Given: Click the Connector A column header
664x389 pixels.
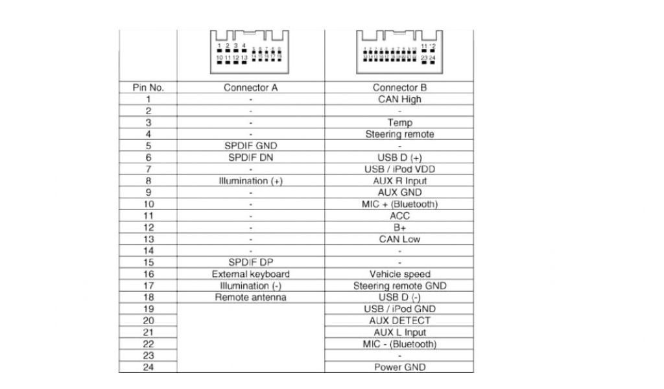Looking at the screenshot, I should coord(250,88).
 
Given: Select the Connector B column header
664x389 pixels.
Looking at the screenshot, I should coord(399,88).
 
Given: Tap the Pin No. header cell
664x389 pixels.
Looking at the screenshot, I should coord(148,88).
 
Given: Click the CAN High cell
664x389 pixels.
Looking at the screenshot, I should coord(399,99).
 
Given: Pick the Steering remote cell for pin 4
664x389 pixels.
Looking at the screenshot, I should coord(399,134).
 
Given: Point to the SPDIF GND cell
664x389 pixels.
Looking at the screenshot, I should coord(250,146).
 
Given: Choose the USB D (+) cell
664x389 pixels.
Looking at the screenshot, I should coord(399,158).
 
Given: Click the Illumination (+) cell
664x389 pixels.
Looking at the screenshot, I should coord(250,181).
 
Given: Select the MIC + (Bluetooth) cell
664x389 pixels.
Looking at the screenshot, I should coord(399,204).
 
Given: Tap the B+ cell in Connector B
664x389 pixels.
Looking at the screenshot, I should coord(399,228).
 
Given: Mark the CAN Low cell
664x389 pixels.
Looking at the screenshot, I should coord(399,239).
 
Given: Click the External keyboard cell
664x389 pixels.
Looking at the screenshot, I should coord(250,274).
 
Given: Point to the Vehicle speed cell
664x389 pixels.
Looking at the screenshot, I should coord(399,274).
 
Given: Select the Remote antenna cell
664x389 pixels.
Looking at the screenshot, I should coord(250,298).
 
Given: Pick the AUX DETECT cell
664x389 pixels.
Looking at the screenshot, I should coord(399,321).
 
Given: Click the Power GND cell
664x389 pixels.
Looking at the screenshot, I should coord(399,368).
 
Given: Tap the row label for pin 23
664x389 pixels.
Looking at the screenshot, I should coord(148,356).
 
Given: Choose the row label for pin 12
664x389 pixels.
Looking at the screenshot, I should coord(148,228).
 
